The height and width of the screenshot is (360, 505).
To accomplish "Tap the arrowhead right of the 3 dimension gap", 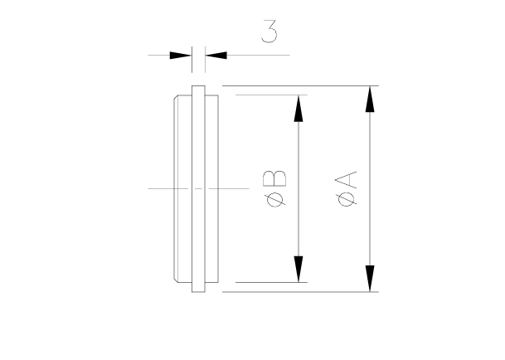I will [215, 56].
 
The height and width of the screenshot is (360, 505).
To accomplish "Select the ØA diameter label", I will [348, 188].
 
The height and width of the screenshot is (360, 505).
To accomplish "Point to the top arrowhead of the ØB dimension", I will [298, 108].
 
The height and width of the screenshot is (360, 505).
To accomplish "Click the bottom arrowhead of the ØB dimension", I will [298, 269].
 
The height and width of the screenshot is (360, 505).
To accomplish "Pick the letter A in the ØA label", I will [348, 180].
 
